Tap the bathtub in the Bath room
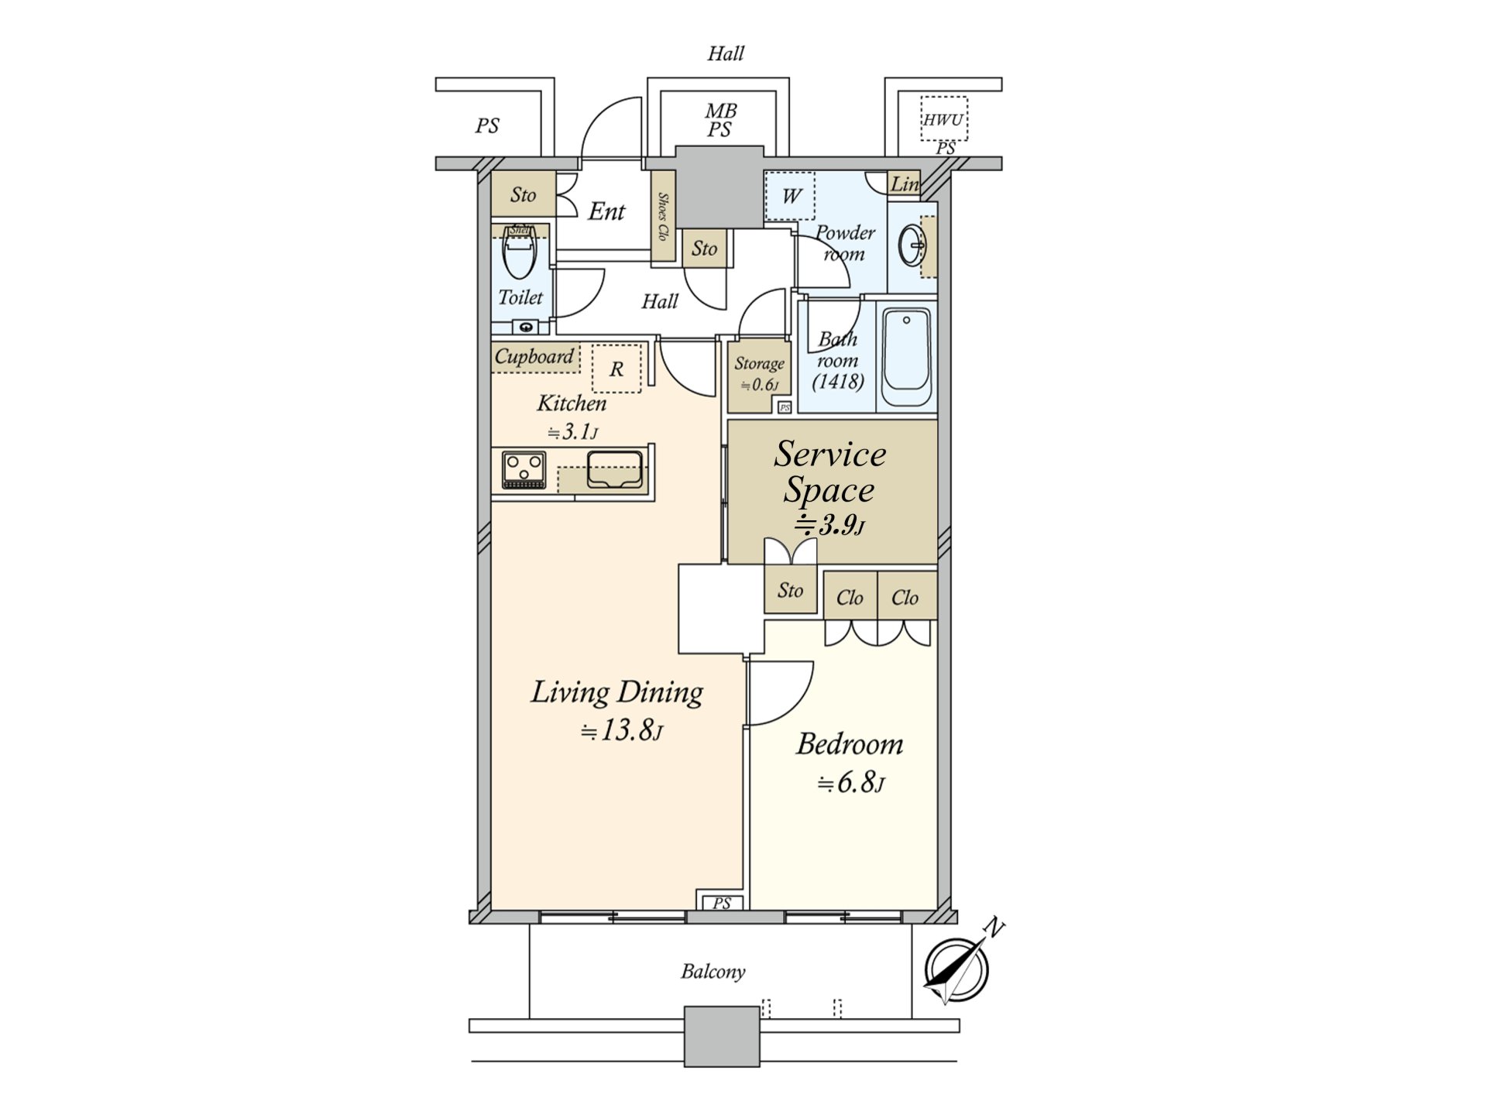click(x=906, y=357)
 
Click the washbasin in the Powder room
click(x=912, y=247)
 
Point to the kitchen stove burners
click(x=524, y=470)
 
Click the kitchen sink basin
click(x=615, y=469)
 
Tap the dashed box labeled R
click(x=616, y=369)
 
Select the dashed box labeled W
click(x=790, y=196)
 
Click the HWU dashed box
click(x=943, y=119)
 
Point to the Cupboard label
click(x=534, y=357)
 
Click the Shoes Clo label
click(x=663, y=217)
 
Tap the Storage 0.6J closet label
click(x=759, y=373)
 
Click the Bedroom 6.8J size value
click(x=850, y=784)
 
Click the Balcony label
click(x=713, y=972)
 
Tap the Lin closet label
click(x=904, y=184)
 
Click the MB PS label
click(x=719, y=121)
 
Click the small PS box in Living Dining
click(x=721, y=903)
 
